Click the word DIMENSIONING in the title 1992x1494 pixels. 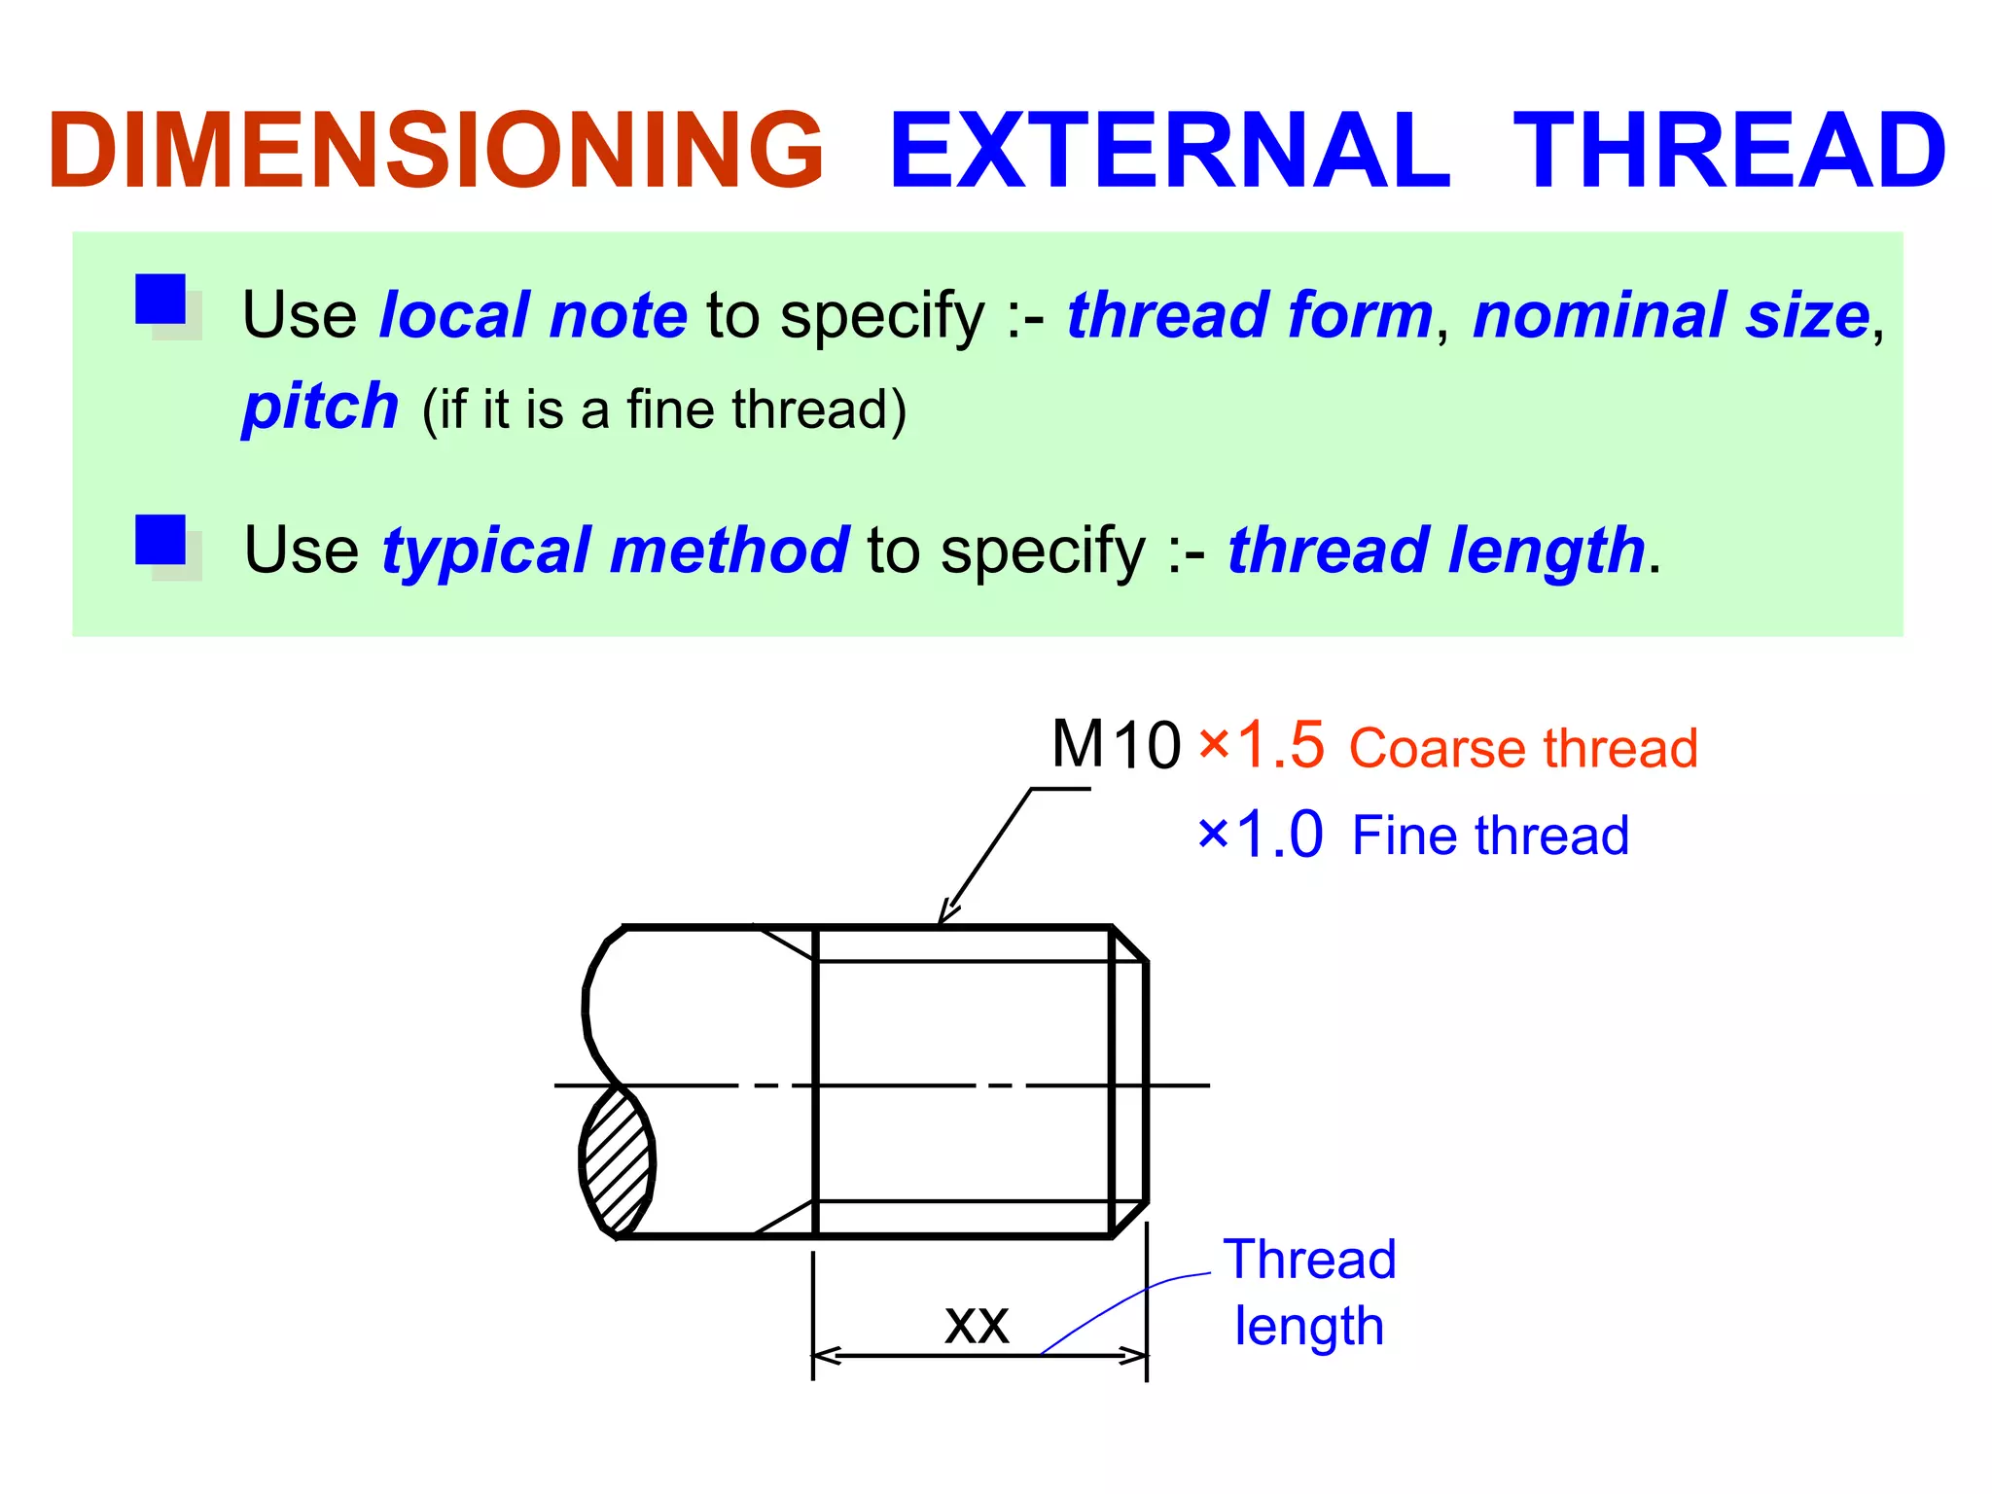[436, 151]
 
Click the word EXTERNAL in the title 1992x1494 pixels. [1170, 151]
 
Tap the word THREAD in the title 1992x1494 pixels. [1729, 151]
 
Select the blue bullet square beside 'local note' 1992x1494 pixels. [160, 299]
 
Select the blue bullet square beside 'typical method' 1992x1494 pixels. [160, 539]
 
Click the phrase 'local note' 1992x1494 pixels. [533, 315]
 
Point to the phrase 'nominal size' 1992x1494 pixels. [1671, 315]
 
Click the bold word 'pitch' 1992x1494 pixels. [320, 406]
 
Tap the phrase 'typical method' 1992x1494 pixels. [615, 551]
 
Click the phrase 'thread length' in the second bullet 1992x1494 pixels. [1436, 551]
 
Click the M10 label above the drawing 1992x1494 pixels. [1116, 745]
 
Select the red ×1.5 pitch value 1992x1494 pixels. [1261, 745]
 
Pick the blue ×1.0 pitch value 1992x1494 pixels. [1261, 835]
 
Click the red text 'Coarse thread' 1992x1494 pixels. [1523, 748]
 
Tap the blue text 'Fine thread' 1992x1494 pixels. [1490, 836]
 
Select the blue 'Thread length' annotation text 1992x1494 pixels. [1309, 1293]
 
